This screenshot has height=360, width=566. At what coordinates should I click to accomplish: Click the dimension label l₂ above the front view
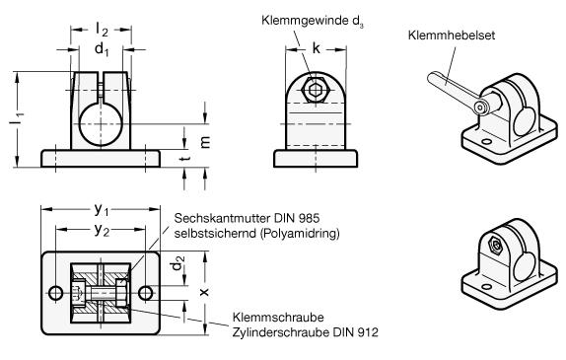click(x=102, y=30)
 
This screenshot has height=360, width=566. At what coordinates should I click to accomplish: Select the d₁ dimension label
click(x=102, y=48)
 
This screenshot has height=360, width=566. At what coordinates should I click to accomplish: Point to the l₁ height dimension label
click(x=17, y=119)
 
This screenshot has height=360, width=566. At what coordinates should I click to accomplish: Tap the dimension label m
click(x=205, y=143)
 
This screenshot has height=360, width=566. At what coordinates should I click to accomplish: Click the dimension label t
click(x=185, y=158)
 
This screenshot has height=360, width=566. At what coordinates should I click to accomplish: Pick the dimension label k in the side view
click(x=316, y=47)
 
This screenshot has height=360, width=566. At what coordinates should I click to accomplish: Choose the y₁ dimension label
click(x=101, y=209)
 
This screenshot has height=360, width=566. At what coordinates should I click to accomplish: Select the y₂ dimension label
click(x=102, y=230)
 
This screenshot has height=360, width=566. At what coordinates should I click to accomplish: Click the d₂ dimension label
click(x=177, y=263)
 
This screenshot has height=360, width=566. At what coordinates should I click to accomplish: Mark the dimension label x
click(x=204, y=292)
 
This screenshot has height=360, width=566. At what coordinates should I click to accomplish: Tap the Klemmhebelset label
click(x=452, y=36)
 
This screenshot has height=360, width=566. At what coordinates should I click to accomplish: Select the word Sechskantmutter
click(x=222, y=218)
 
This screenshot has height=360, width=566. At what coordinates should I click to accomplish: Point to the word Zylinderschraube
click(x=281, y=331)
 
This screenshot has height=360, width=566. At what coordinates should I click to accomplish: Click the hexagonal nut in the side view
click(x=314, y=89)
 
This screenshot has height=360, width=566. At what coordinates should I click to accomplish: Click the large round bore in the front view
click(x=101, y=124)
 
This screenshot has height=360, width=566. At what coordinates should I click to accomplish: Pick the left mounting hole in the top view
click(x=55, y=293)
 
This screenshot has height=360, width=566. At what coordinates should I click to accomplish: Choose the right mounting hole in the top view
click(x=146, y=293)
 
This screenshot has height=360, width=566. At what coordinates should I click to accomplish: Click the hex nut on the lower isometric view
click(x=496, y=246)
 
